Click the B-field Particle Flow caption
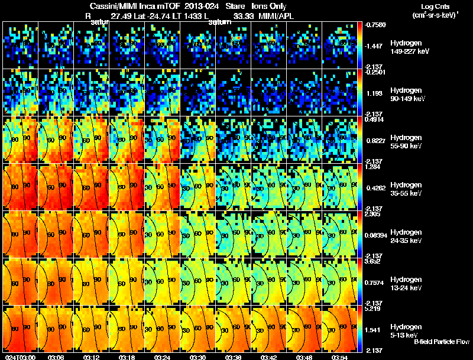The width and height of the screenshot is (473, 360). [x=441, y=342]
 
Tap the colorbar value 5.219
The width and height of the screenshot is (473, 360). [x=373, y=309]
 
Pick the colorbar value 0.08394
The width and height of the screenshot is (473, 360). [x=376, y=235]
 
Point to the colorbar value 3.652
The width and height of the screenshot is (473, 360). [x=373, y=261]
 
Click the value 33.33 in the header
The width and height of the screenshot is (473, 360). [x=243, y=16]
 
